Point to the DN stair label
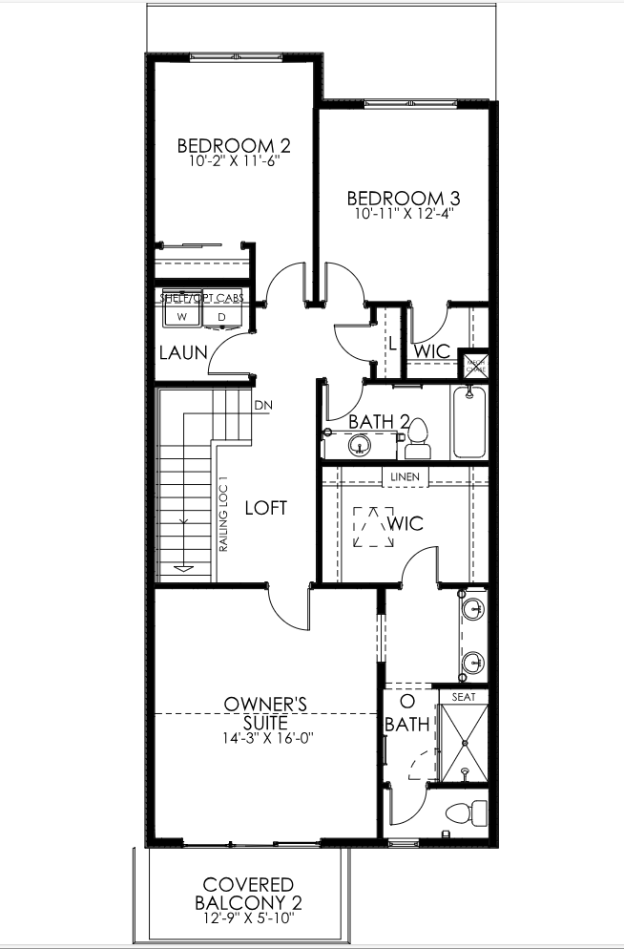pos(263,405)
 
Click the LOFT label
pos(266,508)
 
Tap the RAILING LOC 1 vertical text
pos(222,515)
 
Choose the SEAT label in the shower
pos(463,697)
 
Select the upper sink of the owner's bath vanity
pos(470,607)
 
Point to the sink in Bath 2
pos(360,444)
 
